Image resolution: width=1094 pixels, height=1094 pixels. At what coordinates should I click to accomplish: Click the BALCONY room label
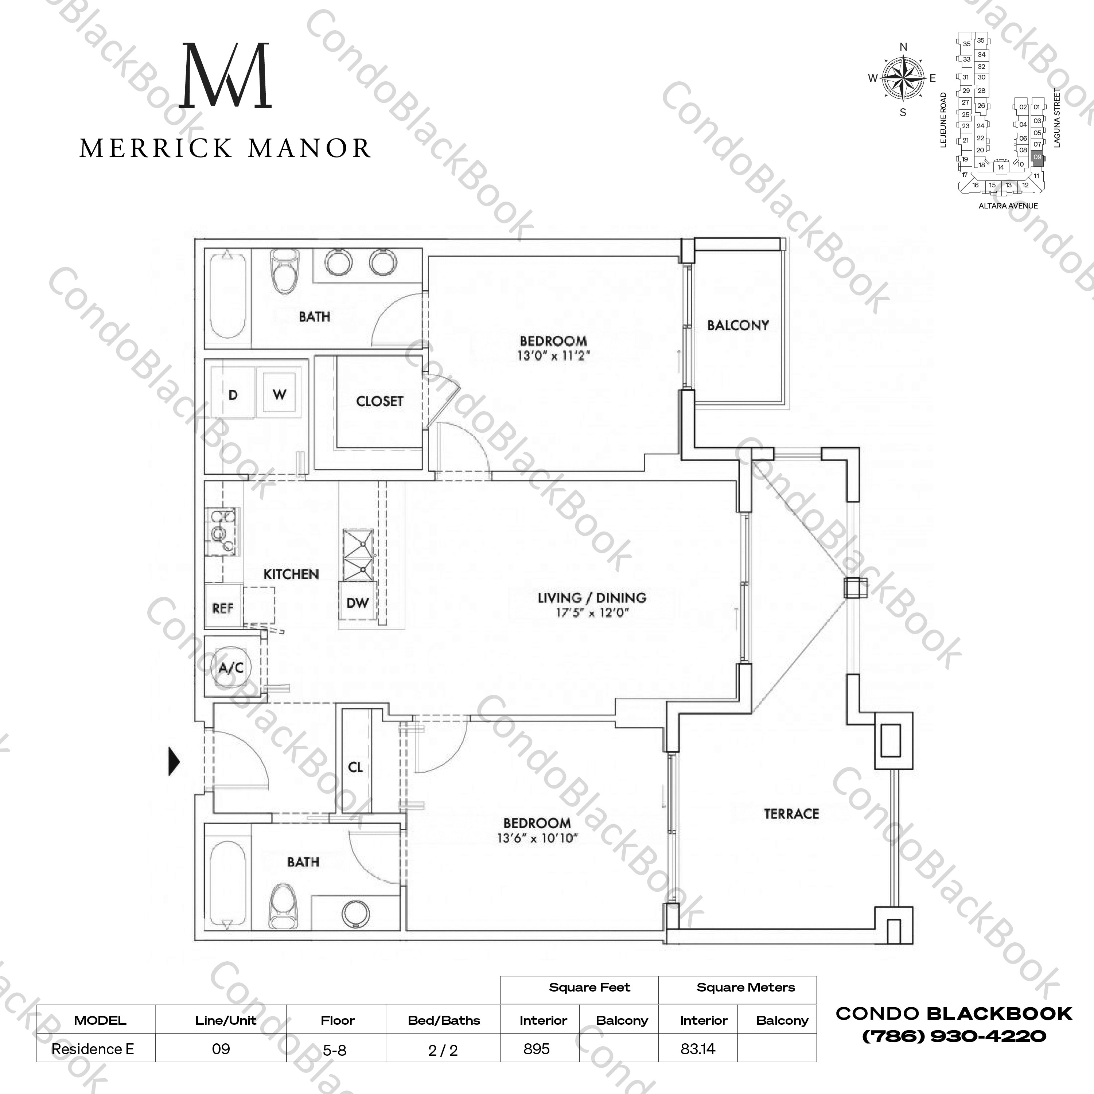coord(738,325)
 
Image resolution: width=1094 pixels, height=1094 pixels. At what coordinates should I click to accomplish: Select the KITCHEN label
coord(291,574)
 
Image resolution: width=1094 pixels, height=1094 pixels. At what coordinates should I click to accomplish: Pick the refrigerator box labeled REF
coord(222,608)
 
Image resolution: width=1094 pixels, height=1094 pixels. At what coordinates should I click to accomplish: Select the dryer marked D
coord(233,395)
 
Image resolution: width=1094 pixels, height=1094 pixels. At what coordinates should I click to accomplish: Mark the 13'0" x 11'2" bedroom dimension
coord(553,356)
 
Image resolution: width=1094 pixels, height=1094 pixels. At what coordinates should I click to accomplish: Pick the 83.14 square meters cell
coord(698,1049)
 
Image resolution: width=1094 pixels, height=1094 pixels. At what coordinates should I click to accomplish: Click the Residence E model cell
coord(93,1049)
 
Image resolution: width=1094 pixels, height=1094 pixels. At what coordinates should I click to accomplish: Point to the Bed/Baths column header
coord(443,1020)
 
